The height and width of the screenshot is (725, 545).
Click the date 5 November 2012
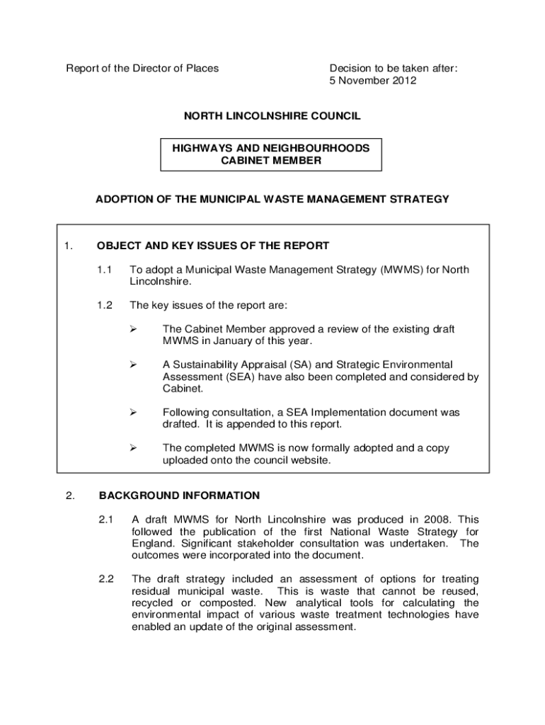(x=373, y=81)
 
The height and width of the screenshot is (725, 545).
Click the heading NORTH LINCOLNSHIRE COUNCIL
(x=272, y=116)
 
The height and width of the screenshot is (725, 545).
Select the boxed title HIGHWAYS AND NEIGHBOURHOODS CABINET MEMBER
(x=271, y=154)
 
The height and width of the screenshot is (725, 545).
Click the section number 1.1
(x=105, y=270)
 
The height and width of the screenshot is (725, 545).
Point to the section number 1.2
(x=105, y=305)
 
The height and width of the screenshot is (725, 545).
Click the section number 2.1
(x=106, y=520)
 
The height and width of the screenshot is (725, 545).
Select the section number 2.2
(x=106, y=578)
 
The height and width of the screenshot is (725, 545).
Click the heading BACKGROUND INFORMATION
(x=179, y=496)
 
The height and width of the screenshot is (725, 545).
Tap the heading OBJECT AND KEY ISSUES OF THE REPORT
(x=212, y=246)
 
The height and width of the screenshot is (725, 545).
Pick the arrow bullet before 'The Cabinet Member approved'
(x=132, y=329)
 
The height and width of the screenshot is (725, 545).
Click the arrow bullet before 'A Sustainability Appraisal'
(x=132, y=365)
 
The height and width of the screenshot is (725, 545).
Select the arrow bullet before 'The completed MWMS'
(x=132, y=448)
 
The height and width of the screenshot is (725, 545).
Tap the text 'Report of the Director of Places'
(x=142, y=69)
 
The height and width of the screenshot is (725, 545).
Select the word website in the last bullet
(x=311, y=460)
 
